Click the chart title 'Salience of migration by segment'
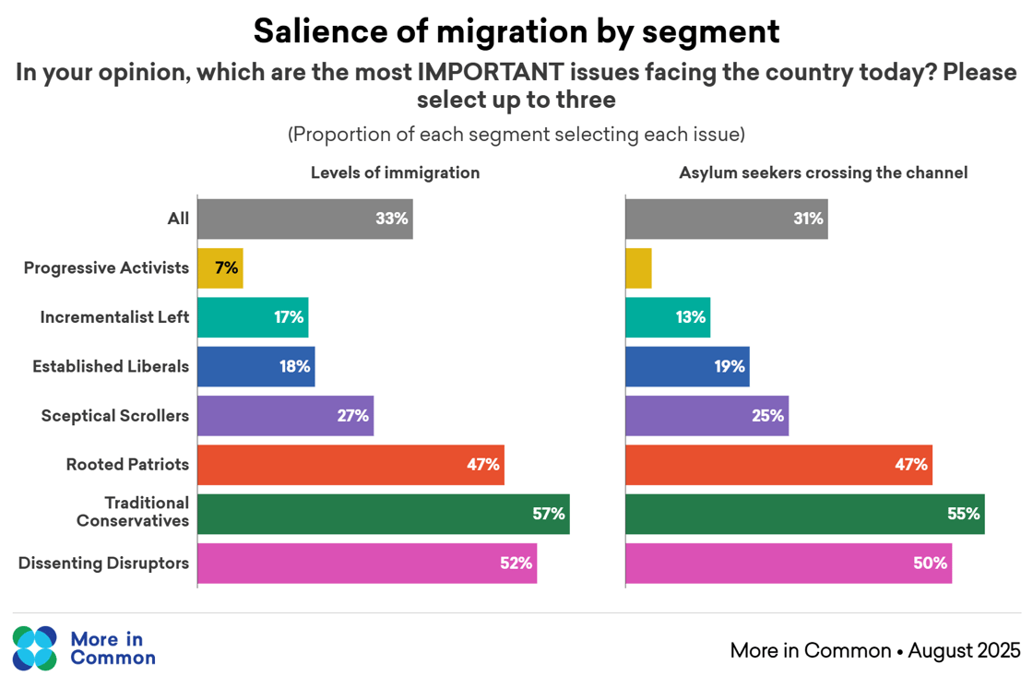tap(516, 30)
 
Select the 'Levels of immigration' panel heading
tap(395, 172)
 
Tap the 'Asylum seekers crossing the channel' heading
tap(823, 172)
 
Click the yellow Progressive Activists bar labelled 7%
tap(220, 268)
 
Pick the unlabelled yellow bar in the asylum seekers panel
tap(638, 268)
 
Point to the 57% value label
tap(548, 514)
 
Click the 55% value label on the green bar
tap(963, 514)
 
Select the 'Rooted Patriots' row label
tap(127, 465)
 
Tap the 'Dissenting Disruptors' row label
tap(103, 563)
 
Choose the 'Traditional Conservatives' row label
tap(134, 512)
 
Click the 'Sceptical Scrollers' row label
tap(114, 416)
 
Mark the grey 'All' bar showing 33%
tap(304, 219)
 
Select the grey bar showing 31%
tap(726, 219)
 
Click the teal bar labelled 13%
tap(668, 317)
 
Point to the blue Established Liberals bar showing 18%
tap(255, 366)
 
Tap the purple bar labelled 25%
tap(706, 416)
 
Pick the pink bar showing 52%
tap(366, 563)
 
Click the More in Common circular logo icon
tap(35, 648)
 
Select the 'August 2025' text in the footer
tap(964, 650)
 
